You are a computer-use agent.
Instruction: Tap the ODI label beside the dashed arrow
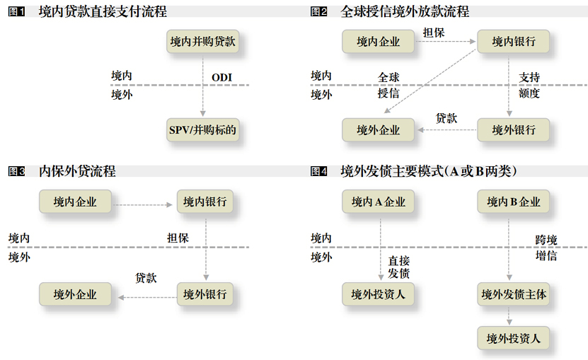point(221,77)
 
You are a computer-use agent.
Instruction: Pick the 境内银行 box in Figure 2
point(514,42)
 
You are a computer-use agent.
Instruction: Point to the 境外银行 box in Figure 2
point(514,130)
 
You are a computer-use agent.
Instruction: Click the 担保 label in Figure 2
point(434,32)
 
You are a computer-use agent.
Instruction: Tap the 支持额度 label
point(529,85)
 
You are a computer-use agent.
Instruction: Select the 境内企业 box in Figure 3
point(75,202)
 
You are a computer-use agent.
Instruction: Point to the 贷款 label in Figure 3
point(146,278)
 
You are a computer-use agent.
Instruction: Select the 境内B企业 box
point(514,202)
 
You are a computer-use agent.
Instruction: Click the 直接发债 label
point(398,267)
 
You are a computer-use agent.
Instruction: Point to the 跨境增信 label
point(546,248)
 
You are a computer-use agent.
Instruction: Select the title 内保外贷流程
point(77,171)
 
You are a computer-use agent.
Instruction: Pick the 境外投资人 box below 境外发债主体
point(514,339)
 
